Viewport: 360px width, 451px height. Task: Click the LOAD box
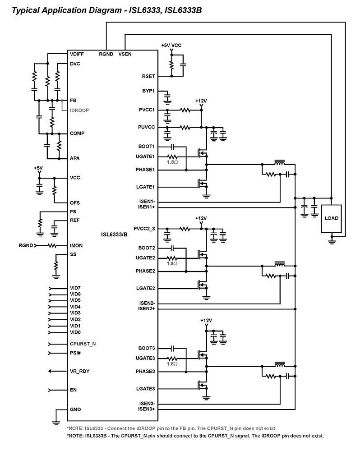point(331,218)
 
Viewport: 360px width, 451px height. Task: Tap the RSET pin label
point(148,77)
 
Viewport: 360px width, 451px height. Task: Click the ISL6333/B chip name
point(114,234)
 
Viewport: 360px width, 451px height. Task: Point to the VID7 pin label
point(75,288)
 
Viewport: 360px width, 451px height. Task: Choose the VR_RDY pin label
point(78,371)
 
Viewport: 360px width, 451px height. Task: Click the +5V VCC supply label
point(171,46)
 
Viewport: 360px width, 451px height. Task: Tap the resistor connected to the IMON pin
point(52,246)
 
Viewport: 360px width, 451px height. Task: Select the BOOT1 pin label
point(147,147)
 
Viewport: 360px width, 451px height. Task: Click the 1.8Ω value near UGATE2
point(172,263)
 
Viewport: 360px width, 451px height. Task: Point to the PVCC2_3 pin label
point(144,229)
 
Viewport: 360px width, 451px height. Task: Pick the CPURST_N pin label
point(83,344)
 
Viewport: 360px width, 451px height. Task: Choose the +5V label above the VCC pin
point(38,168)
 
